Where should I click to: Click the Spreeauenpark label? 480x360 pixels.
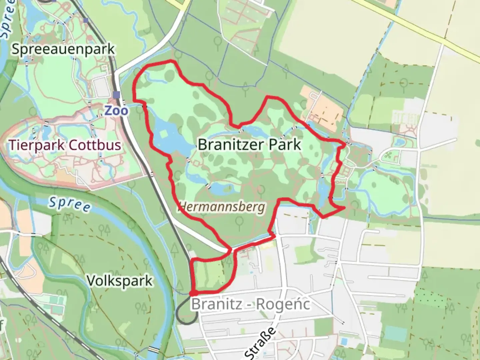coord(63,49)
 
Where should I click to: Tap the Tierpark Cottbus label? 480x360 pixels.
coord(65,145)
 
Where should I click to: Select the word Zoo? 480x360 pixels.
coord(116,110)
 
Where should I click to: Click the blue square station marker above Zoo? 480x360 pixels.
coord(116,95)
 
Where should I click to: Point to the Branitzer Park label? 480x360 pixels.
coord(249,145)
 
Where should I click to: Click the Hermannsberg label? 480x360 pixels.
coord(222,207)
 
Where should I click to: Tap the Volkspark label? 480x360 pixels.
coord(120,281)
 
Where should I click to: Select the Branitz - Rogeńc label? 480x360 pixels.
coord(250,304)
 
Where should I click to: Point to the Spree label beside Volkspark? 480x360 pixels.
coord(69,204)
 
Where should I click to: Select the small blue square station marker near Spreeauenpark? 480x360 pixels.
coord(86,21)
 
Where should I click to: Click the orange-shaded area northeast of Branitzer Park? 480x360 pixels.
coord(322,107)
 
